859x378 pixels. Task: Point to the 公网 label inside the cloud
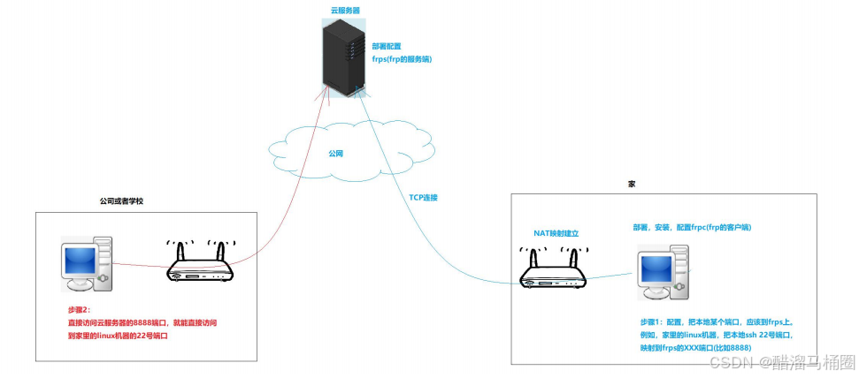[335, 153]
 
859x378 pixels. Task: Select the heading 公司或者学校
[121, 201]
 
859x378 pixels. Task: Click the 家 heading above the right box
[632, 184]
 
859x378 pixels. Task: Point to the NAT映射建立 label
[556, 233]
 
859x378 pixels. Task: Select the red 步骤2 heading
[81, 310]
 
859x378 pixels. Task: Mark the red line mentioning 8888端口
[142, 323]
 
